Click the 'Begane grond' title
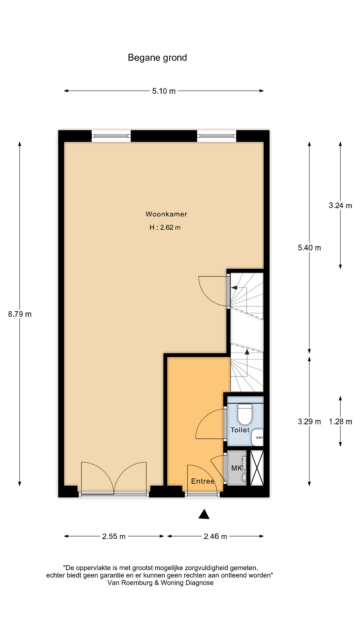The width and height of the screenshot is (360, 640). (157, 58)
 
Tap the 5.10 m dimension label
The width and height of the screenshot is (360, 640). (164, 91)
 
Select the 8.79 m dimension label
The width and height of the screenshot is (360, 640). (20, 314)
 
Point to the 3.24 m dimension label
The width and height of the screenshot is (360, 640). (340, 205)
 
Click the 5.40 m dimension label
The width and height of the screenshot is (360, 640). (309, 248)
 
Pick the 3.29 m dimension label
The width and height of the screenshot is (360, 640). (309, 422)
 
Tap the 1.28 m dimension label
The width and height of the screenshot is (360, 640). (340, 422)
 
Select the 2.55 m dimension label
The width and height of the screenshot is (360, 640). (114, 536)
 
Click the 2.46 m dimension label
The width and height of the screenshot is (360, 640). (215, 536)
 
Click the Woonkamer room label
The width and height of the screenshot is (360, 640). (166, 214)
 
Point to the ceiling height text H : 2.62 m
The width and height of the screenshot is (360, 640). (165, 227)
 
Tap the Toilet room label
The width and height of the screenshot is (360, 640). (240, 430)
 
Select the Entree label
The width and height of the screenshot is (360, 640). (203, 481)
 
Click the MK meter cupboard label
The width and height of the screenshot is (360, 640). (237, 468)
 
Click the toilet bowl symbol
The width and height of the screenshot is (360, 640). (245, 414)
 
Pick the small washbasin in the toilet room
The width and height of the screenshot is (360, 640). (257, 437)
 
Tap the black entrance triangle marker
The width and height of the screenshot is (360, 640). (204, 514)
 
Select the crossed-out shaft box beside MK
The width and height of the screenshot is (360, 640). (257, 468)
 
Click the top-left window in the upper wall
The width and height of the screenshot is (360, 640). (111, 136)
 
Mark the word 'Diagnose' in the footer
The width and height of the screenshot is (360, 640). (199, 583)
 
